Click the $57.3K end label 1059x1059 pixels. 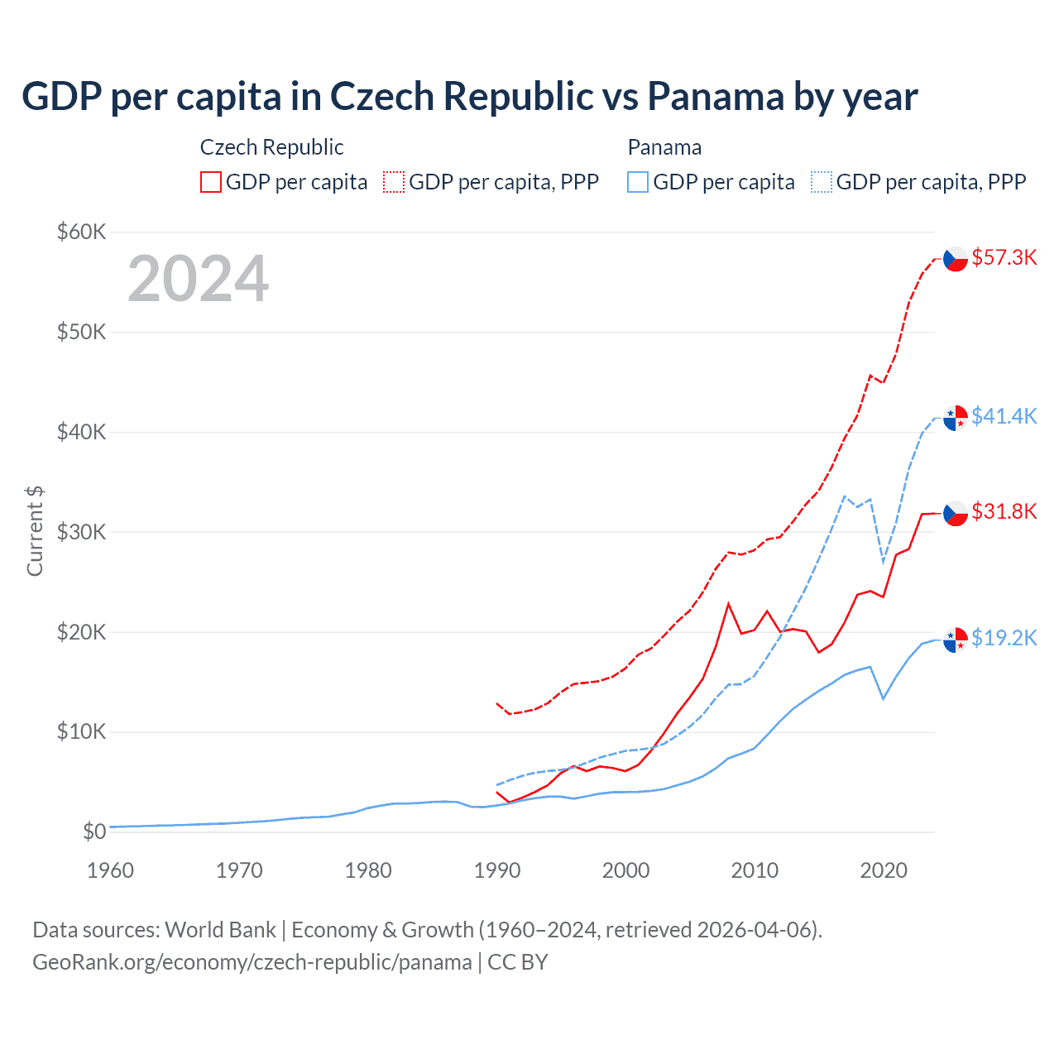(1004, 257)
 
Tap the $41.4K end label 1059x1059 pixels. (1004, 415)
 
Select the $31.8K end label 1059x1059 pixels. (1004, 511)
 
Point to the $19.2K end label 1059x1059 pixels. (1004, 638)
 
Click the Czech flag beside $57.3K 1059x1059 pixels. (956, 259)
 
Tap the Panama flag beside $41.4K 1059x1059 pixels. (956, 418)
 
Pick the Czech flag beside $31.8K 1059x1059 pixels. (956, 513)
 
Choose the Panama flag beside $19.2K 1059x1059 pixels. (956, 640)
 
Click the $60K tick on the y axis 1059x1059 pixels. (81, 232)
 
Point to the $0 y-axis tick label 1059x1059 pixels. (94, 831)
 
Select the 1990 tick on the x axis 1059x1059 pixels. (497, 870)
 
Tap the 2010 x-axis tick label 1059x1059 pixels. (755, 870)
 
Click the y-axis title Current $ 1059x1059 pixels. (35, 531)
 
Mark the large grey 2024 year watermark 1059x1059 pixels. (198, 279)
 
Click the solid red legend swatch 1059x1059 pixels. (211, 182)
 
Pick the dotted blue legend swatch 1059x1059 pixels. (822, 182)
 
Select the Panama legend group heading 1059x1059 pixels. (664, 147)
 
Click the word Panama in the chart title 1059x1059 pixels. (715, 96)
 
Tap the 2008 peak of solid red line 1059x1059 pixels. (728, 603)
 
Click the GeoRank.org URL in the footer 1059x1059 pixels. (252, 962)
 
